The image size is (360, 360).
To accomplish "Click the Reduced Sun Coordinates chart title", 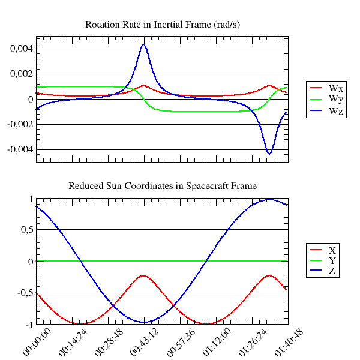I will (163, 186).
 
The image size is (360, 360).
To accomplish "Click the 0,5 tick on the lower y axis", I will (25, 230).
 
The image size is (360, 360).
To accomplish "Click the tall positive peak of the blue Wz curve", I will (143, 44).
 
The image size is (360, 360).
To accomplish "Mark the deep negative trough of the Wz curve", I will (269, 154).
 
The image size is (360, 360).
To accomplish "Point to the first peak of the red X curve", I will (143, 276).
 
